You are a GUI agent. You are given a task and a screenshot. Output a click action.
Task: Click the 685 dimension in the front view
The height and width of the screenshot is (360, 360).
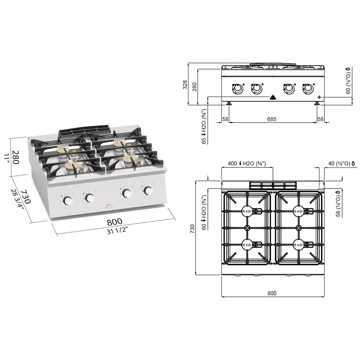pos(272,119)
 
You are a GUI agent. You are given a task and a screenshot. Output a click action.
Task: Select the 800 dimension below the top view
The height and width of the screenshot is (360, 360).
pos(272,293)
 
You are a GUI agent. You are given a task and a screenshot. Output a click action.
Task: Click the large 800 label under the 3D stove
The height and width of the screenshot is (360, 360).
pos(114,222)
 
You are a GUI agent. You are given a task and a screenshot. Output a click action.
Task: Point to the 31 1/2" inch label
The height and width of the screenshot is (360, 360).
pos(117,230)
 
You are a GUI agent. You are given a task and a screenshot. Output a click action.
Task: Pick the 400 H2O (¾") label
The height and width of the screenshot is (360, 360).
pos(247,164)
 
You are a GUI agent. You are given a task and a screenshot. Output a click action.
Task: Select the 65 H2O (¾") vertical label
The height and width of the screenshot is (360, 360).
pos(204,126)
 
